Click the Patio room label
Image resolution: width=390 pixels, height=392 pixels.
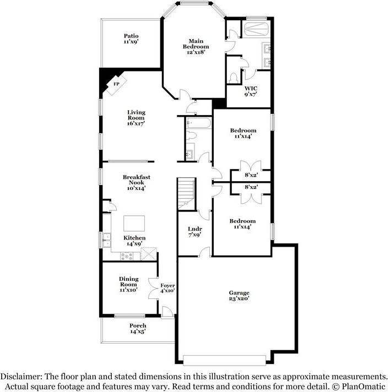point(131,39)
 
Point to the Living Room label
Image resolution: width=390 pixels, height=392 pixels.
point(136,118)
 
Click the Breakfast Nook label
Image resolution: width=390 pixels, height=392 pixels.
point(136,183)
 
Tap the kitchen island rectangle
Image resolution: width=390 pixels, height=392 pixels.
point(134,223)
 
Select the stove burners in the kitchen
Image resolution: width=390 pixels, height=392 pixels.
point(127,255)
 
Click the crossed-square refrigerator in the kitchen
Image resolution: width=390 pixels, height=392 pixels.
point(149,254)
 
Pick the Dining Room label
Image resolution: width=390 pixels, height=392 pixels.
point(128,284)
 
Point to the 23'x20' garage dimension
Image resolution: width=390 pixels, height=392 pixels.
point(240,299)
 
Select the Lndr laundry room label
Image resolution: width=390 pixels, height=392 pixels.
point(194,231)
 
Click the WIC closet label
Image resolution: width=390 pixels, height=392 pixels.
point(251,91)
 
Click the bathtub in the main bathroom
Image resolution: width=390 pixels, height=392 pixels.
point(255,29)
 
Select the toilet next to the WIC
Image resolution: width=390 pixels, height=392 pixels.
point(234,77)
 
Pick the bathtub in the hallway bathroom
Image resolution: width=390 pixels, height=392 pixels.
point(198,122)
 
